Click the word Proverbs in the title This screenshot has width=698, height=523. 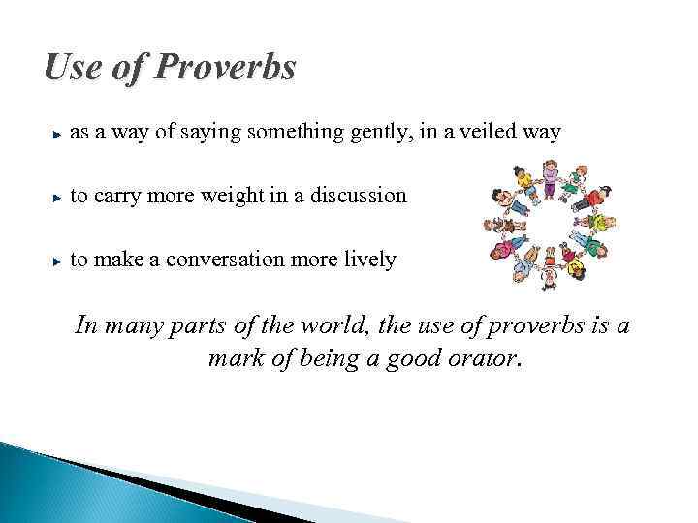228,69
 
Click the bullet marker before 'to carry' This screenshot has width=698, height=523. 59,197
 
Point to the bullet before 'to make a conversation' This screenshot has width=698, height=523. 59,261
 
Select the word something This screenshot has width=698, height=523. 288,133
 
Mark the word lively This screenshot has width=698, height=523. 367,261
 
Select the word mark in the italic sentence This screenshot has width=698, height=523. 234,360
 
